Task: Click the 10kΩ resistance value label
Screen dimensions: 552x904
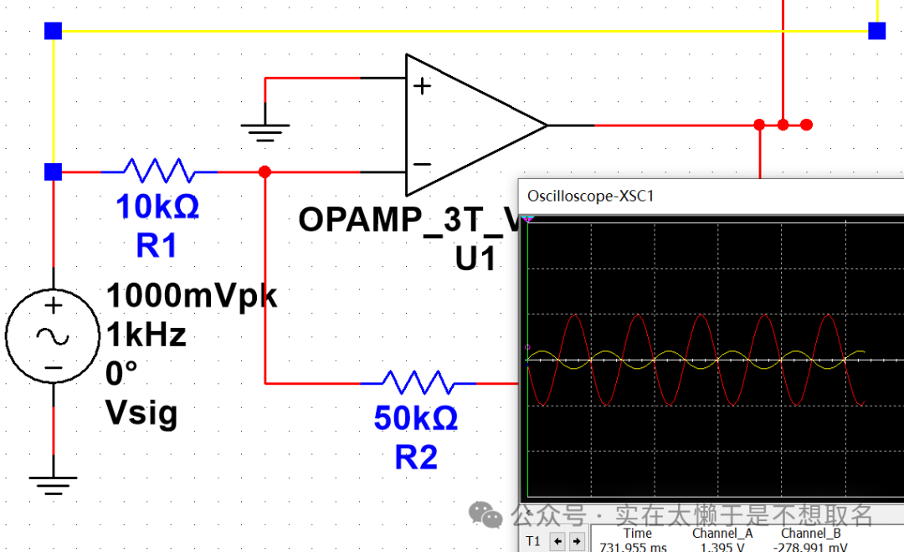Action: coord(157,207)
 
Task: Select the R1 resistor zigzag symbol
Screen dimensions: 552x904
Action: coord(159,171)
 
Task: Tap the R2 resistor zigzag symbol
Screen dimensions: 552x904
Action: coord(418,383)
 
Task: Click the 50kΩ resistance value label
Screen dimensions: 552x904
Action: coord(416,418)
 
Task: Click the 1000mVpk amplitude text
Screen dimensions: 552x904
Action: coord(192,296)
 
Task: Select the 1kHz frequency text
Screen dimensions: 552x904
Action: coord(146,335)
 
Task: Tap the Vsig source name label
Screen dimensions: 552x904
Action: coord(141,411)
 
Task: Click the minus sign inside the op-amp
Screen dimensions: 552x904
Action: coord(423,164)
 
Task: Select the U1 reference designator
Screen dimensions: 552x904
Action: coord(476,259)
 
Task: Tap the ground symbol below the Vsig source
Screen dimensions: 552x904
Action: coord(53,484)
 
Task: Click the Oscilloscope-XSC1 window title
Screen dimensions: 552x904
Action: coord(590,196)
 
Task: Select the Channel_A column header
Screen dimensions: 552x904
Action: coord(722,534)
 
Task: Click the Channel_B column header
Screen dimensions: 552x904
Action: coord(811,534)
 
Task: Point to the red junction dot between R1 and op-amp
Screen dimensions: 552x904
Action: coord(265,171)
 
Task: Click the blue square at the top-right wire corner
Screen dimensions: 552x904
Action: coord(876,31)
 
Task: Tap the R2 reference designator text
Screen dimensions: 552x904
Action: coord(416,457)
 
